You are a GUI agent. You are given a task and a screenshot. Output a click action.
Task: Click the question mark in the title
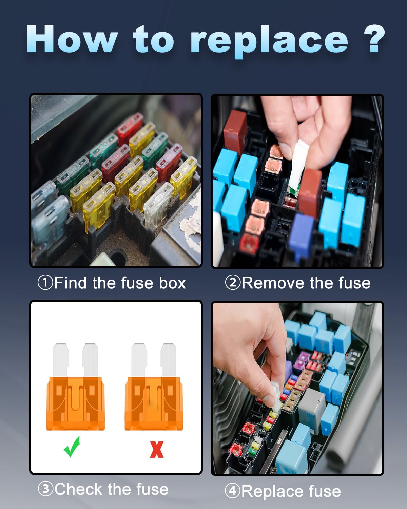374,39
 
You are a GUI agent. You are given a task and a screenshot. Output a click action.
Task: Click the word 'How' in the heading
72,39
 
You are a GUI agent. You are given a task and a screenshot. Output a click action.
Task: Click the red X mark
156,449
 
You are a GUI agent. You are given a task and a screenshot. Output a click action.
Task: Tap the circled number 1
45,283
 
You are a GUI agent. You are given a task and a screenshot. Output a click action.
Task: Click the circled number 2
233,283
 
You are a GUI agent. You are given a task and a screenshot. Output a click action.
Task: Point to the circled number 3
45,489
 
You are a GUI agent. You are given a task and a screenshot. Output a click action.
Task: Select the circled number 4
233,491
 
